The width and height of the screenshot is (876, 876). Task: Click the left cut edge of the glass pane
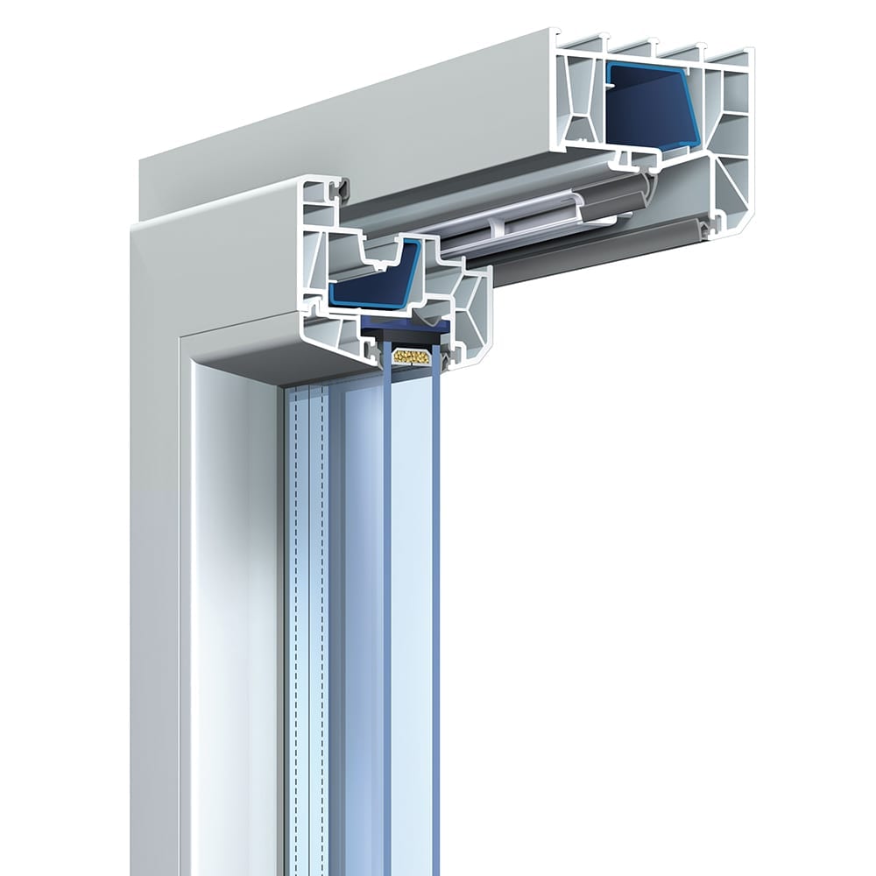[385, 526]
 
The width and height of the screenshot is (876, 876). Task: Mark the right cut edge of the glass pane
[438, 526]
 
